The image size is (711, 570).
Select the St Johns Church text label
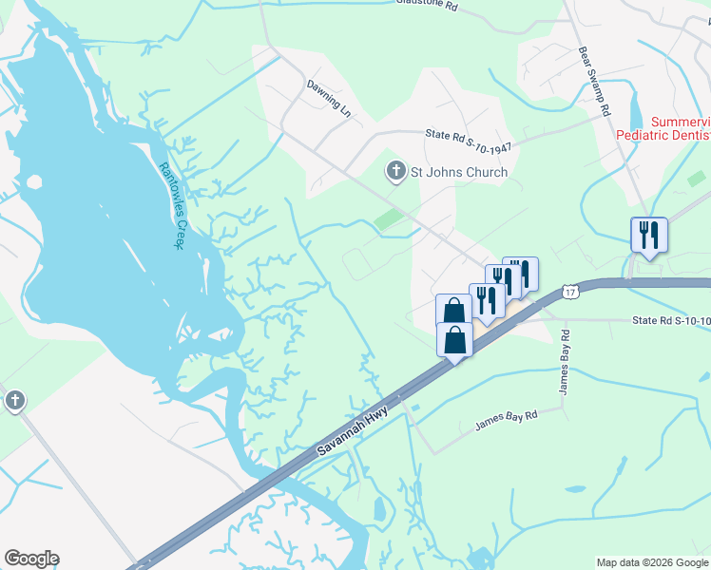click(x=458, y=172)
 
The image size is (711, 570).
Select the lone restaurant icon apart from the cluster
click(x=648, y=234)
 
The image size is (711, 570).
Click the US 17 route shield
click(x=568, y=292)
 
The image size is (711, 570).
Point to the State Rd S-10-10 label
click(x=670, y=321)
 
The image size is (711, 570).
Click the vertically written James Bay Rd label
click(x=564, y=362)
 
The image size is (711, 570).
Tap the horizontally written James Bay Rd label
click(x=507, y=421)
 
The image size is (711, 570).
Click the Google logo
click(x=31, y=559)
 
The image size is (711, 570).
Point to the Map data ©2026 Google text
click(x=652, y=562)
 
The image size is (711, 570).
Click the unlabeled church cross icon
click(x=14, y=401)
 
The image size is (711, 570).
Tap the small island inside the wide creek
click(x=34, y=181)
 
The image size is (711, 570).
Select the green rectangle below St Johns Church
click(x=390, y=220)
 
